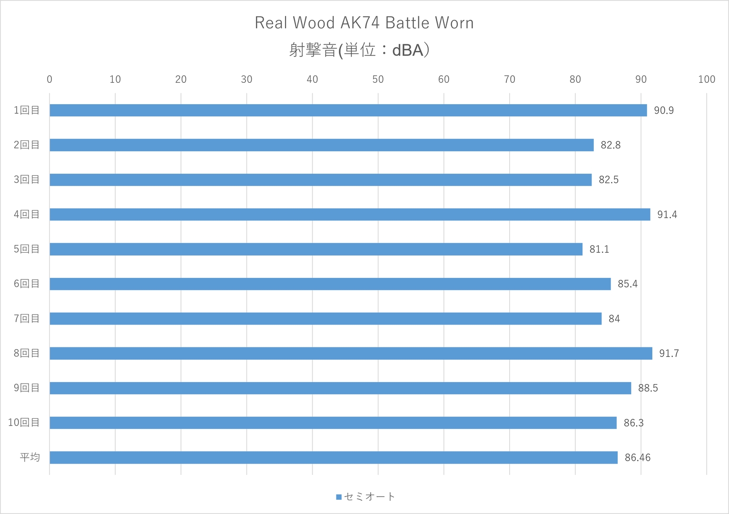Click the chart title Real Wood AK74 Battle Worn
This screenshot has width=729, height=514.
[x=364, y=23]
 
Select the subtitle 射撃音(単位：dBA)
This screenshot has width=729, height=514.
[x=359, y=50]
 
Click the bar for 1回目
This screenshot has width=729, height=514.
[x=348, y=110]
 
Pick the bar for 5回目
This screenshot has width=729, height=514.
[x=316, y=249]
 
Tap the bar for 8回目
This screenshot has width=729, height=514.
[x=351, y=353]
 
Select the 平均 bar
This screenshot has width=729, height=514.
[x=334, y=457]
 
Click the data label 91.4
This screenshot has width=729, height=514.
[x=667, y=215]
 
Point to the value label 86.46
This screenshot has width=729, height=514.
[x=638, y=458]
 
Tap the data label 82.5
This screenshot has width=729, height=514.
[x=609, y=180]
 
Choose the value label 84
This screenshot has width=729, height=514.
[x=614, y=319]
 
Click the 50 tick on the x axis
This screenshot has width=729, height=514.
[x=378, y=79]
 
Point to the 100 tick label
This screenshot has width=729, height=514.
[x=707, y=79]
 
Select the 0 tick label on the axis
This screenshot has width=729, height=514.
[x=49, y=79]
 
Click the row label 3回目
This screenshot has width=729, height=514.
[x=27, y=180]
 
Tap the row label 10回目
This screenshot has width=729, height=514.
[x=24, y=423]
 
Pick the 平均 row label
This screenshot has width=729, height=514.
[x=30, y=457]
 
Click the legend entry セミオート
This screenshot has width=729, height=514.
[x=365, y=497]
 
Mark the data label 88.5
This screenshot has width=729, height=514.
[x=648, y=388]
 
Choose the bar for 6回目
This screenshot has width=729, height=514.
[x=330, y=284]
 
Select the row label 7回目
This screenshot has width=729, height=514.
[x=27, y=318]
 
